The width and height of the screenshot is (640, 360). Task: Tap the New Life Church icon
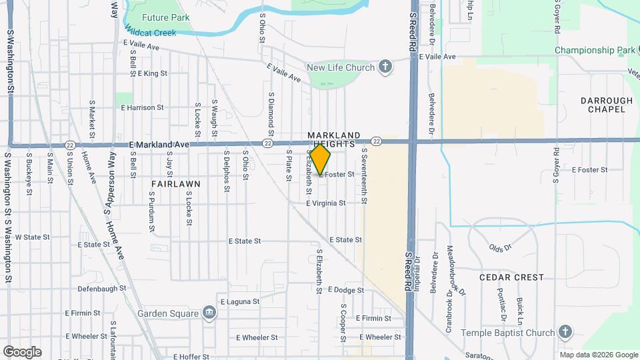[x=385, y=67]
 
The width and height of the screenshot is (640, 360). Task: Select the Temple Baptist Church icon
[x=565, y=332]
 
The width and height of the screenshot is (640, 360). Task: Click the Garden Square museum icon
[x=210, y=313]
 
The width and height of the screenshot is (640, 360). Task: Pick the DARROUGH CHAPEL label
[x=606, y=105]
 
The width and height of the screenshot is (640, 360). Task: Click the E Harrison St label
[x=142, y=107]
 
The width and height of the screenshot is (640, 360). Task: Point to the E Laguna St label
[x=239, y=301]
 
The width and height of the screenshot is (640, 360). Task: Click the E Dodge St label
[x=349, y=290]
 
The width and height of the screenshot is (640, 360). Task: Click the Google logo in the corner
[x=22, y=352]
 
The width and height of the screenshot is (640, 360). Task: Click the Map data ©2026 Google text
[x=599, y=355]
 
